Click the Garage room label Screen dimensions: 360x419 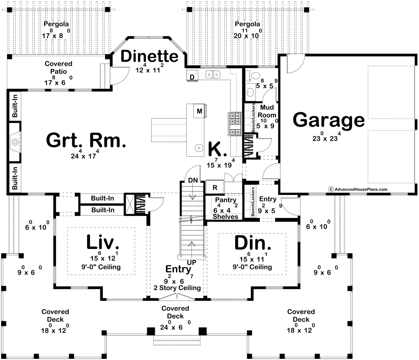click(x=328, y=120)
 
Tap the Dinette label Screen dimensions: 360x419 click(x=149, y=56)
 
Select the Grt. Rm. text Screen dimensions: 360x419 click(x=86, y=141)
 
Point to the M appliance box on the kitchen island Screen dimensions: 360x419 click(x=200, y=111)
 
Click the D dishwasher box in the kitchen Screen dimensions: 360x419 click(x=192, y=77)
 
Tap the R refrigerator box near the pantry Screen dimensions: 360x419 click(x=215, y=187)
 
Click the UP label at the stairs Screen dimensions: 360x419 click(x=192, y=263)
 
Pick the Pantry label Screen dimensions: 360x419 click(x=226, y=200)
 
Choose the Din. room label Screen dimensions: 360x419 click(x=252, y=243)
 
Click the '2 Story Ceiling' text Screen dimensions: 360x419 click(x=177, y=288)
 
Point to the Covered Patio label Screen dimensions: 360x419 click(x=58, y=67)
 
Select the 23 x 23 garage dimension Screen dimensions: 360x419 click(x=326, y=138)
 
